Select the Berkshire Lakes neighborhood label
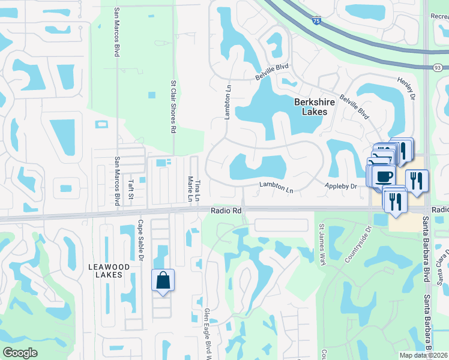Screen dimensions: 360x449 click(x=311, y=107)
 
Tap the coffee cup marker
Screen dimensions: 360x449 click(x=384, y=176)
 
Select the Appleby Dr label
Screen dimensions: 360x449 click(x=342, y=187)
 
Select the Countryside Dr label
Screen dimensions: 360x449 click(x=357, y=244)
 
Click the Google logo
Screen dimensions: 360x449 click(x=20, y=353)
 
